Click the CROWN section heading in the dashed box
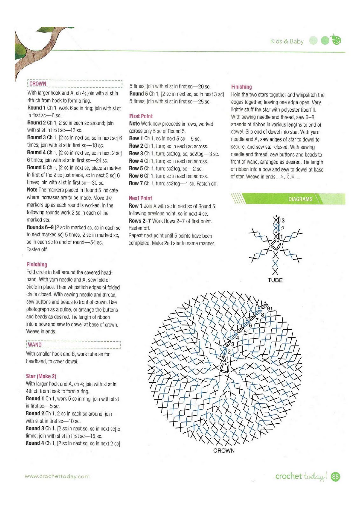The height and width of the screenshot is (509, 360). point(38,84)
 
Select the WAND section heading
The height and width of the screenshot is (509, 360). point(34,345)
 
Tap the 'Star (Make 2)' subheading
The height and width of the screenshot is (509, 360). point(41,376)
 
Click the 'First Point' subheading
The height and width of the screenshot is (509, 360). point(141,116)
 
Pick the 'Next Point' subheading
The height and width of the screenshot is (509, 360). point(141,198)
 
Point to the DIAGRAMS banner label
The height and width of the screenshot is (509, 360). point(300,199)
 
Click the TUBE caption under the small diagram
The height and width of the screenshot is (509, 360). point(275,280)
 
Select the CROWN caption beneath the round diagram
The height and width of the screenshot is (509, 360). point(224,450)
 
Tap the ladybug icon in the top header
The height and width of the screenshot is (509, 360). point(336,40)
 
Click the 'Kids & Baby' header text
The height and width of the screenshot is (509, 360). point(287,41)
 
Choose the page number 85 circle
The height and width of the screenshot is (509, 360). point(336,477)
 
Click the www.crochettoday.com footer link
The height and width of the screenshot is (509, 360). point(57,476)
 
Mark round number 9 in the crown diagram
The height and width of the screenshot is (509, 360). point(268,308)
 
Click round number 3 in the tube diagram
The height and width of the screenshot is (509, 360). point(283,220)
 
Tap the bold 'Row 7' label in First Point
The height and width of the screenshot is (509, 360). point(136,184)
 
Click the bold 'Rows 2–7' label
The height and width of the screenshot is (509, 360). point(140,221)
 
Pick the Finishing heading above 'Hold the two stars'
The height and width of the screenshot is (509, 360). point(241,87)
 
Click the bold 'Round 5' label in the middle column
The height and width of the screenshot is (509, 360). point(139,94)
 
